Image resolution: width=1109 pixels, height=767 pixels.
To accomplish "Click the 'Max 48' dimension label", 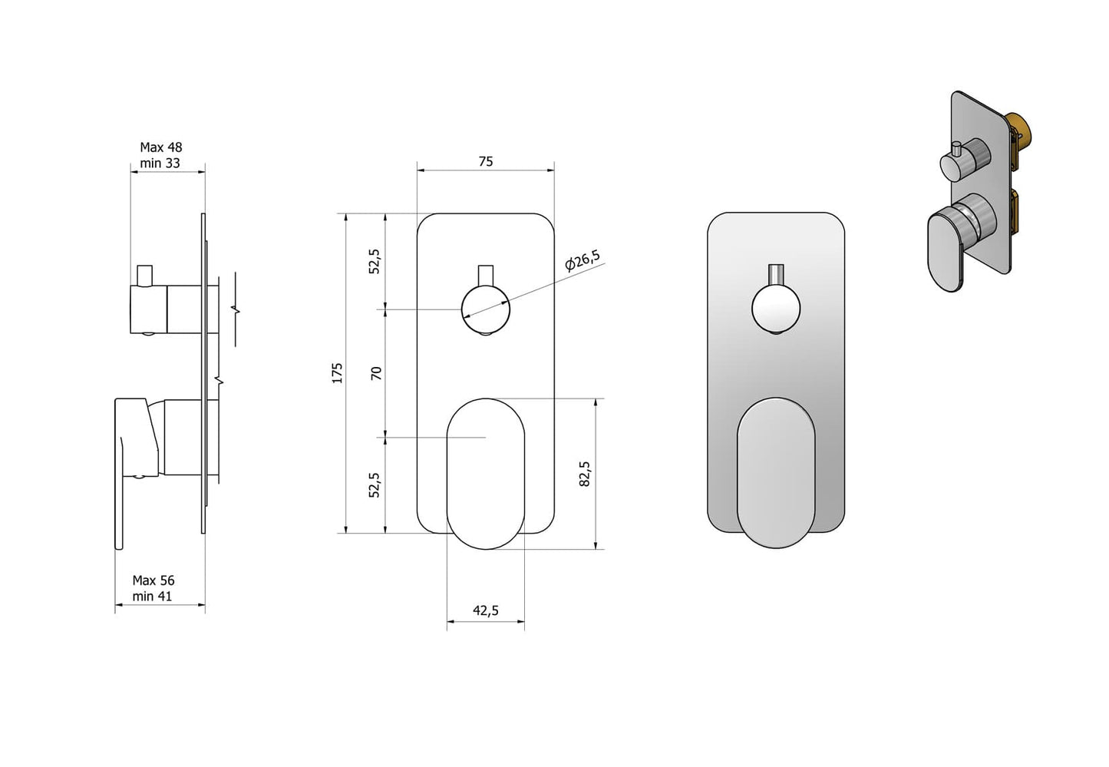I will pos(160,147).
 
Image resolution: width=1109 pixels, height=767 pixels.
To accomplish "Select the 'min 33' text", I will pos(160,163).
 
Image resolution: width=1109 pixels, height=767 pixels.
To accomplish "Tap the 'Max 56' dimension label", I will pos(153,580).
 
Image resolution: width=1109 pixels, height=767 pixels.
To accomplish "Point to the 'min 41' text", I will pos(152,597).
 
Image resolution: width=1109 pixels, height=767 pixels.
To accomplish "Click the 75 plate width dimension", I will pos(485,161).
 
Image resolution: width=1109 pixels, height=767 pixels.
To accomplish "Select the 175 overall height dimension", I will pos(337,372).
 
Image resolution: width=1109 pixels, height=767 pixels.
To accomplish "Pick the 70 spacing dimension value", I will pos(376,373).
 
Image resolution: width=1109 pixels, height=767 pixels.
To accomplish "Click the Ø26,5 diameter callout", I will pos(583,260).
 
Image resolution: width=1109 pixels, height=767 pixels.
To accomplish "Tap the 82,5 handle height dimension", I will pos(585,474).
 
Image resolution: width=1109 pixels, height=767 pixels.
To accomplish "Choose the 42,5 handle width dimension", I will pos(485,610).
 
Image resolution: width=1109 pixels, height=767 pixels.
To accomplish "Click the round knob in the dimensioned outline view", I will pos(485,309).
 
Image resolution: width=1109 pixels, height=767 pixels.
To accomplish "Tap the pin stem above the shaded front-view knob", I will pos(776,274).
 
